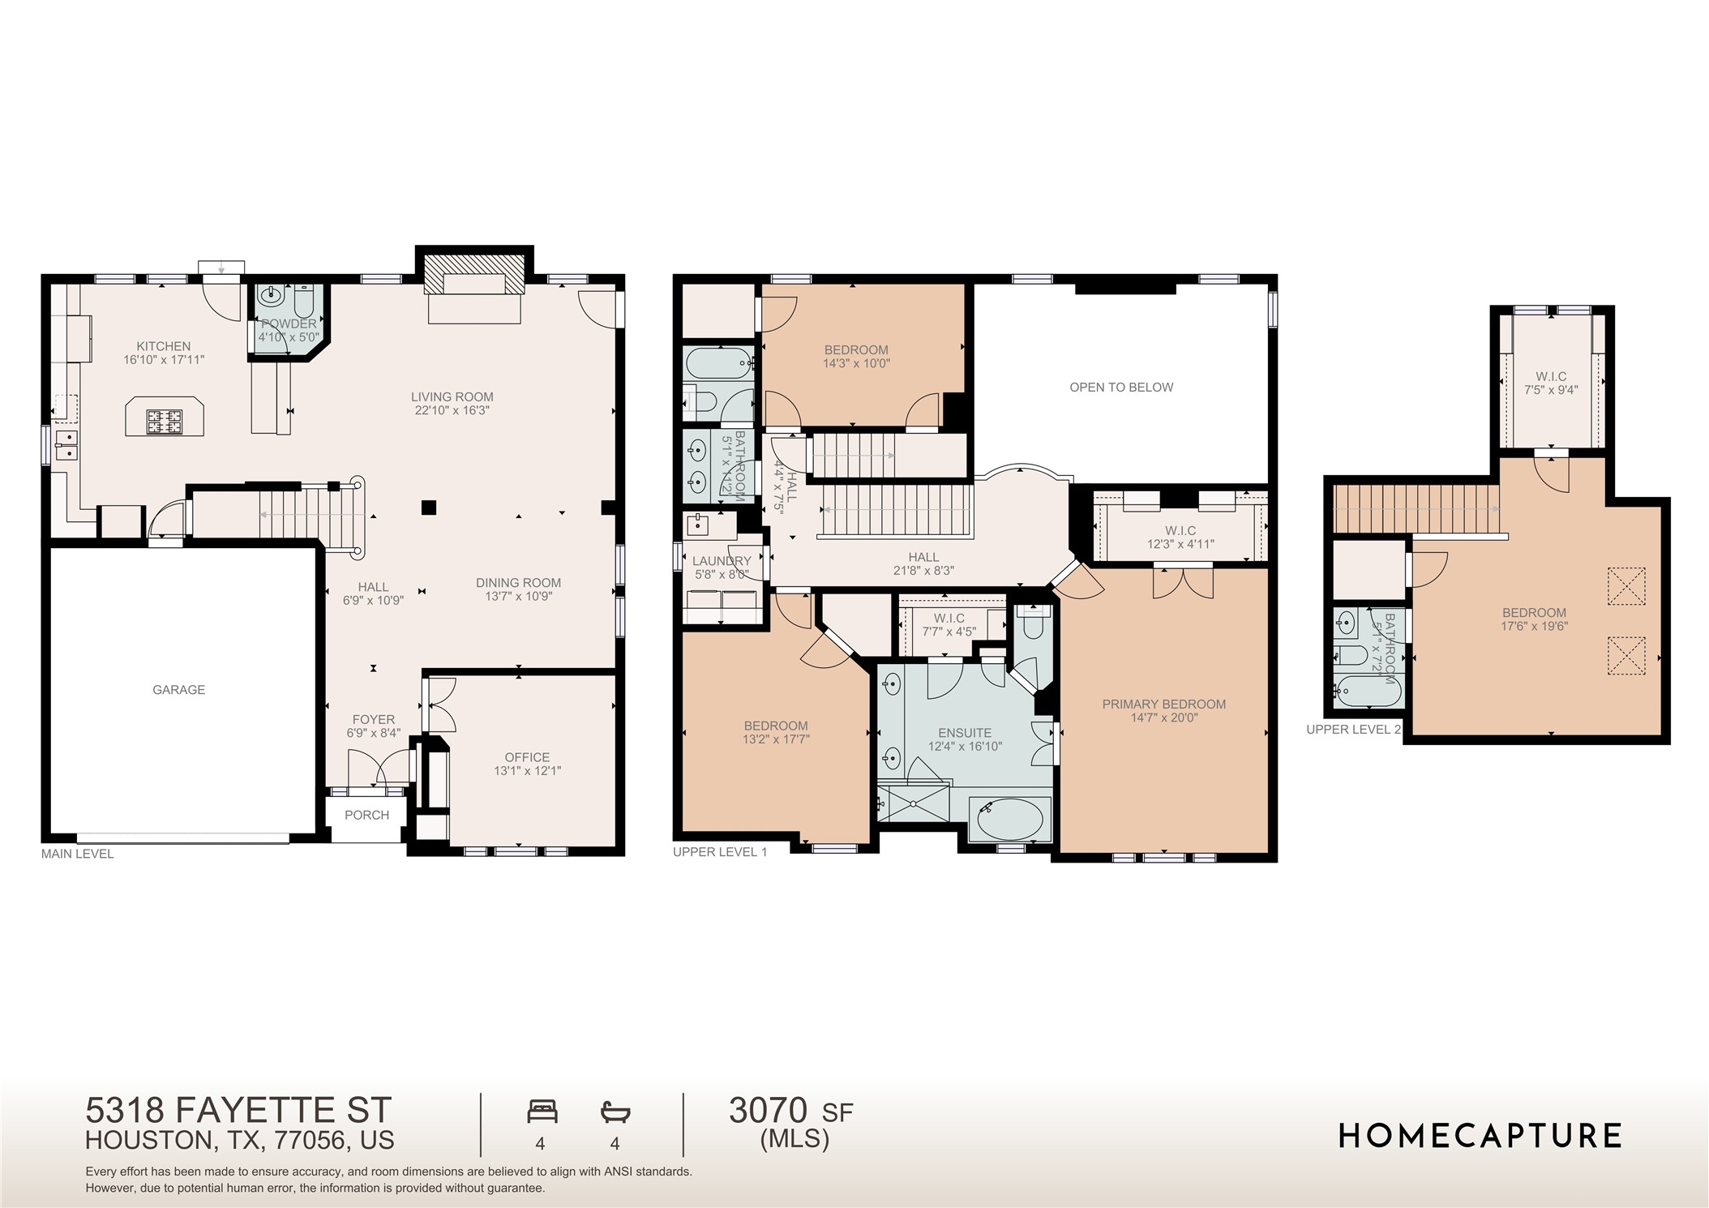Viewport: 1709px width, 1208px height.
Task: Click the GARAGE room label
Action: pos(178,690)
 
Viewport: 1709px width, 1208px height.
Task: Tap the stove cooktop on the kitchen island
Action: pos(165,420)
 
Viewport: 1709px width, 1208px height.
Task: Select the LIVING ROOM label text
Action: pos(452,397)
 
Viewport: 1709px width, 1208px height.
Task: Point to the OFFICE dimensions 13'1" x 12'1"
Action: pos(527,771)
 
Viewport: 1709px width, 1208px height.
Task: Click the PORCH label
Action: pos(366,816)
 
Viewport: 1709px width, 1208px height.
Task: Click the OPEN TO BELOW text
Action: pos(1120,388)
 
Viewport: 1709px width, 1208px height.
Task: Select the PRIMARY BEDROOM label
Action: pos(1163,705)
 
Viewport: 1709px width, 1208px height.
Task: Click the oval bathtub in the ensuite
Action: pos(1009,820)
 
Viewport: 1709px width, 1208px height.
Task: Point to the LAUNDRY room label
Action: pos(721,561)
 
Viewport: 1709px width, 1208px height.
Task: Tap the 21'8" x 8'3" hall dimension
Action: pos(923,571)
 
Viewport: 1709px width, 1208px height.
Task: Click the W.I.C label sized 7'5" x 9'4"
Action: pos(1550,377)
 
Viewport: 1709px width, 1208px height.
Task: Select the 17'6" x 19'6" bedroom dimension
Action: pos(1534,627)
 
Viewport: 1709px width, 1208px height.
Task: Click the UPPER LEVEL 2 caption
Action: pos(1353,730)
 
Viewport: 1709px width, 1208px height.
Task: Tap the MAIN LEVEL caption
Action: pos(77,854)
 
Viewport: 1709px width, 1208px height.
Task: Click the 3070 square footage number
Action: pos(768,1111)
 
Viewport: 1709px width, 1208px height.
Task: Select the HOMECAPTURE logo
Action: pos(1480,1136)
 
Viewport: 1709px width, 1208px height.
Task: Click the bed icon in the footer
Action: pos(542,1112)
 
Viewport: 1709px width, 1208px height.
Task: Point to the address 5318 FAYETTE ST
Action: pos(238,1109)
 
